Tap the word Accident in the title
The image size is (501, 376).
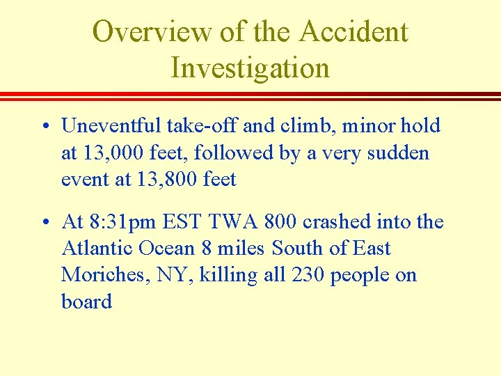coord(354,32)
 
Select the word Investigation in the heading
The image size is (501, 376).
coord(250,68)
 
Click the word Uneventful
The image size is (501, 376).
coord(111,126)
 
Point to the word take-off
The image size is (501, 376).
coord(197,126)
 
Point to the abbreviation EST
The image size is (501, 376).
coord(180,222)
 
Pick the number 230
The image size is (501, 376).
coord(308,275)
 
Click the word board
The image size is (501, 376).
coord(86,301)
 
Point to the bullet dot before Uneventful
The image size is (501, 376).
coord(44,127)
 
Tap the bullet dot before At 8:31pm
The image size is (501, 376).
coord(44,224)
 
